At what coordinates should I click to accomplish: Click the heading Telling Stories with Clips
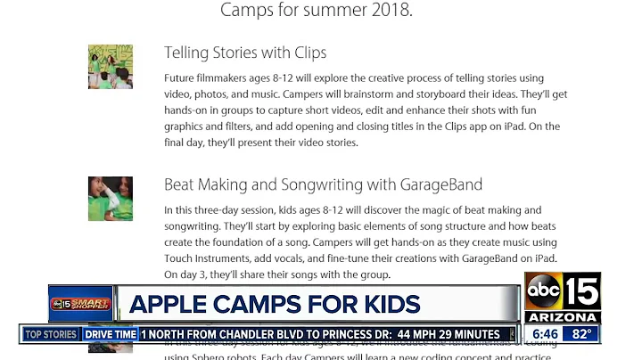(245, 53)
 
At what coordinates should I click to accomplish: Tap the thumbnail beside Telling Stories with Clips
(111, 67)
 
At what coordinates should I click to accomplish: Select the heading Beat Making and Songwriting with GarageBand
(323, 185)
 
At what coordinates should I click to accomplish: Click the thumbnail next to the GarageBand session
(111, 199)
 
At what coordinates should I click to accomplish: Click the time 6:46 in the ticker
(545, 334)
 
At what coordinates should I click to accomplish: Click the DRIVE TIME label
(111, 334)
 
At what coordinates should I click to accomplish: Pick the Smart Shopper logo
(80, 303)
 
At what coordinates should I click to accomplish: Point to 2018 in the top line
(393, 12)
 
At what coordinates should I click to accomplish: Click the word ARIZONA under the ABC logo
(562, 317)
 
